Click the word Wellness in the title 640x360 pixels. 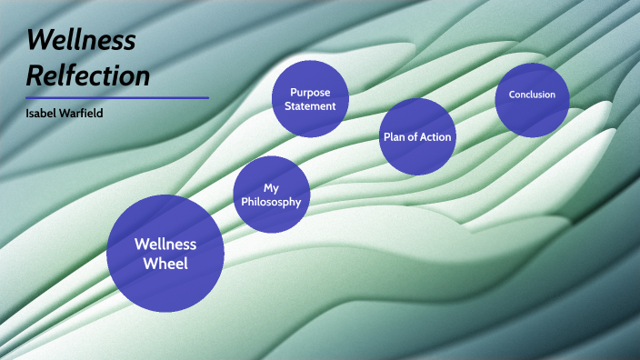coord(82,40)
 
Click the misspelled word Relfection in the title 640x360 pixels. coord(88,75)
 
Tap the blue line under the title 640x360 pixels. coord(117,97)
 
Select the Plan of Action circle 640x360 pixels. coord(415,136)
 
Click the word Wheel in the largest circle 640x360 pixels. coord(165,264)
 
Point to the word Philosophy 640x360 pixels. coord(270,202)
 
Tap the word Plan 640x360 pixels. coord(392,137)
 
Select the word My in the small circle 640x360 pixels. coord(270,187)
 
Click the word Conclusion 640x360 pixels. coord(532,95)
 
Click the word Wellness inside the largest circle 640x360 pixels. coord(165,244)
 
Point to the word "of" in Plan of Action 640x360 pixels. coord(410,137)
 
